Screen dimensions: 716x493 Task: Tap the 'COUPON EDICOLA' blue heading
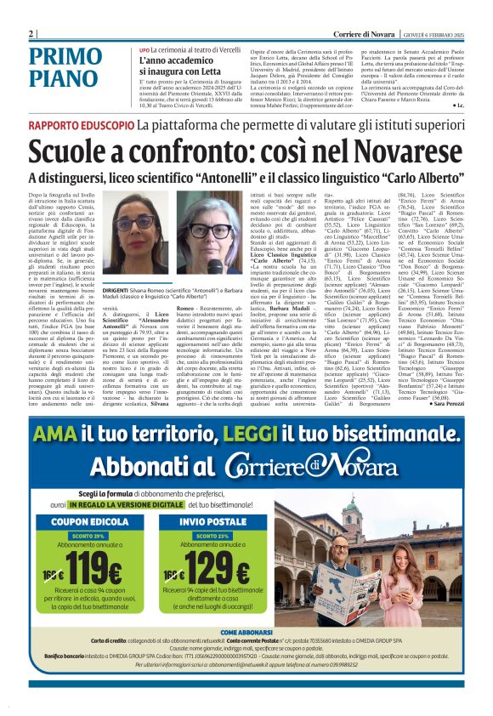82,520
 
